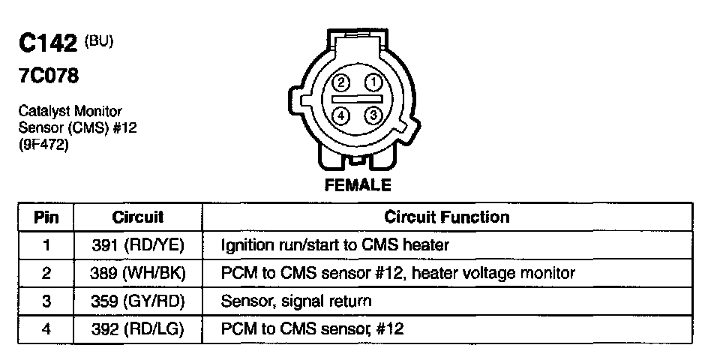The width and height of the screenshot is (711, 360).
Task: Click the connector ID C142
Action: (x=48, y=44)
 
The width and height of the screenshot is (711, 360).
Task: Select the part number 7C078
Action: (x=49, y=76)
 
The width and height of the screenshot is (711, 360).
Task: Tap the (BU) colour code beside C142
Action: (x=98, y=41)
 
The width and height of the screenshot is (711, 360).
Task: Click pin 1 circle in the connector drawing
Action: (x=370, y=82)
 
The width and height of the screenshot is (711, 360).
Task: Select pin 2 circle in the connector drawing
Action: (x=341, y=82)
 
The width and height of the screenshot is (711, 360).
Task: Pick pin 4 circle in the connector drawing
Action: (x=341, y=115)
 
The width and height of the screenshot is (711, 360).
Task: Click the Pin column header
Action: (x=46, y=217)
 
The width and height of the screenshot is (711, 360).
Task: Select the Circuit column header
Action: (x=137, y=217)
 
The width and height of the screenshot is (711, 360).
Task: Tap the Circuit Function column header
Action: (x=446, y=217)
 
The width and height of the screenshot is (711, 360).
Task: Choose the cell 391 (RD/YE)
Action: (x=138, y=245)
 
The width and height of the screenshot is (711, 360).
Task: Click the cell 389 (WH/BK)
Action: (x=138, y=274)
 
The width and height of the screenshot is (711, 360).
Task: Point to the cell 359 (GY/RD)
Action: (x=138, y=301)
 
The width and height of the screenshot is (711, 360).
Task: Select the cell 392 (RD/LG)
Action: (x=138, y=329)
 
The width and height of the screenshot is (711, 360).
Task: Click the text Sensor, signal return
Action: (x=296, y=301)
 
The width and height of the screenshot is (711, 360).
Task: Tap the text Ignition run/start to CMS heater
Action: (x=334, y=245)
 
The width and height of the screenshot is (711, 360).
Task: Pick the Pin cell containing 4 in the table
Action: (x=46, y=329)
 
